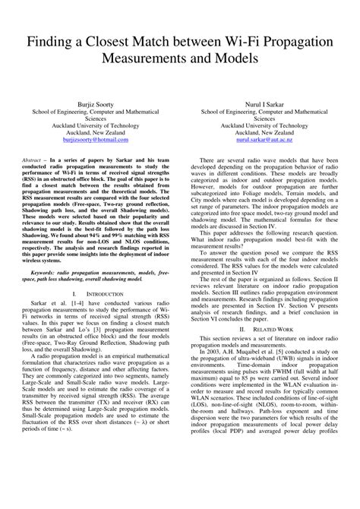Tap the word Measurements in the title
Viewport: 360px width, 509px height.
[x=150, y=57]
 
